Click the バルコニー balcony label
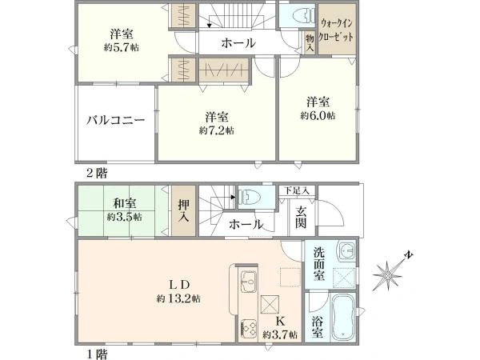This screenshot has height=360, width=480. [x=116, y=122]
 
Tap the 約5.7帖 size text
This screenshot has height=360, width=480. [x=121, y=47]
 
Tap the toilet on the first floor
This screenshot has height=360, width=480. [x=250, y=196]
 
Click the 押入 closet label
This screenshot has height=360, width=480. [x=182, y=210]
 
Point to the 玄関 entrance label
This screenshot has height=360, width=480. [x=301, y=216]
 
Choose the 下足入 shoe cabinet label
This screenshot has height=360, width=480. [x=298, y=190]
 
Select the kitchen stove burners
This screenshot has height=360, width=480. [x=247, y=330]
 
